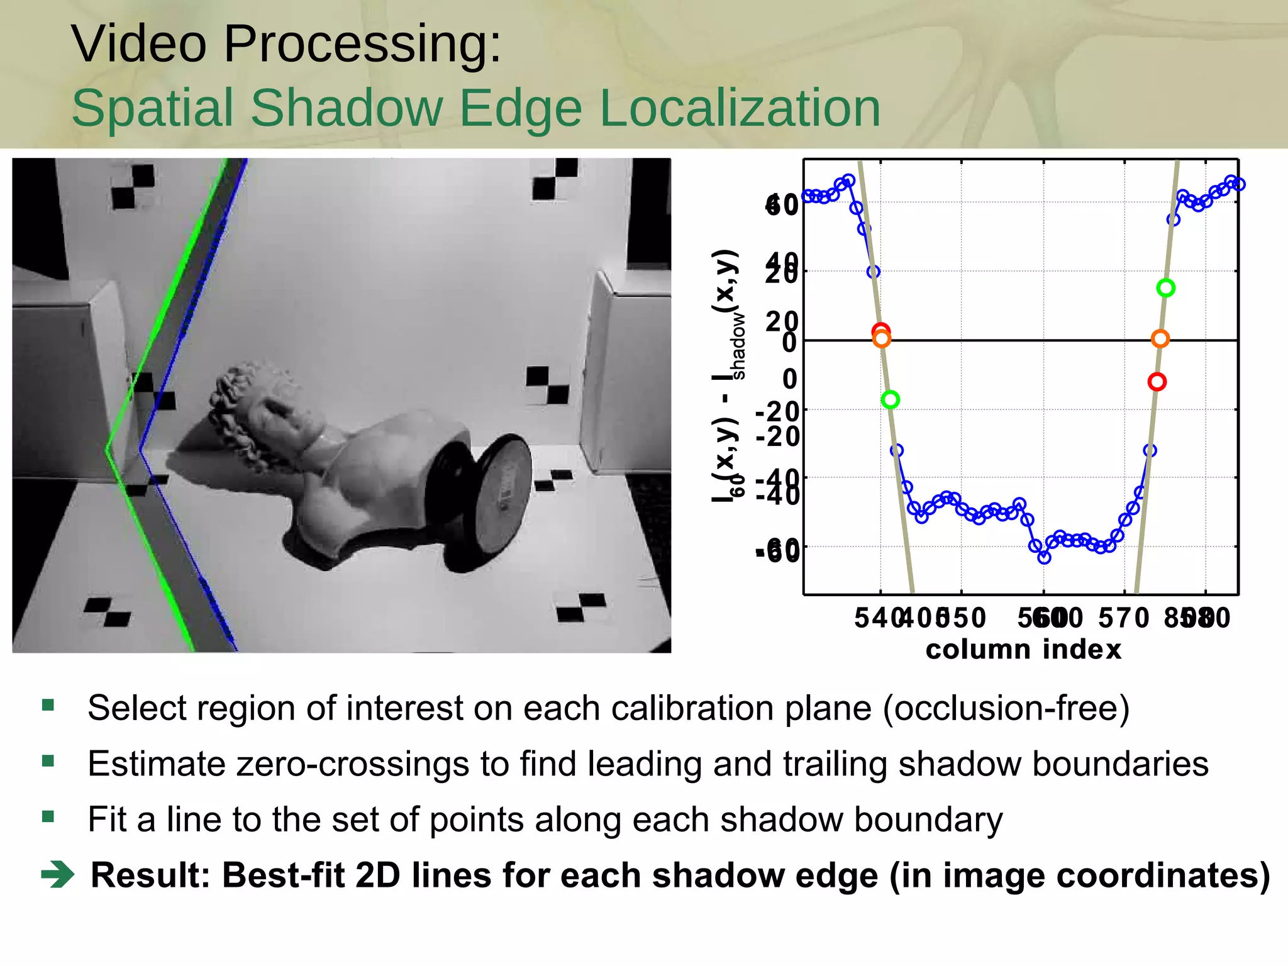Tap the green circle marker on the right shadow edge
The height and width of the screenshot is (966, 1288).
coord(1166,288)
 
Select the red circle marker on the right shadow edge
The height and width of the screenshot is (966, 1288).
coord(1157,382)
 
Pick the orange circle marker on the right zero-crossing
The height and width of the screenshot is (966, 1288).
coord(1160,339)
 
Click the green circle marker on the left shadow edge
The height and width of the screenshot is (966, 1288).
coord(891,399)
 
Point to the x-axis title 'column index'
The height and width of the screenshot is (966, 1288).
coord(1023,650)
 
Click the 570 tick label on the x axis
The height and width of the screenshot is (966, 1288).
coord(1123,618)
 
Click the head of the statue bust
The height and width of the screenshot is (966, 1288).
coord(252,402)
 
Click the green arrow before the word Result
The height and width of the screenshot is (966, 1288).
coord(58,875)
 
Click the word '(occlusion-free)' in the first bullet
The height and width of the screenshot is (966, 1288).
coord(1006,708)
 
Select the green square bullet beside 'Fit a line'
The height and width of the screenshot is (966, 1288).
coord(48,817)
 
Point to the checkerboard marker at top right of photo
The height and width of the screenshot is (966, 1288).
coord(555,179)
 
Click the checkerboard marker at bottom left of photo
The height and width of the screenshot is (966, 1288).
coord(108,611)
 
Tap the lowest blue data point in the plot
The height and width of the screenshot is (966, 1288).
coord(1044,557)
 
